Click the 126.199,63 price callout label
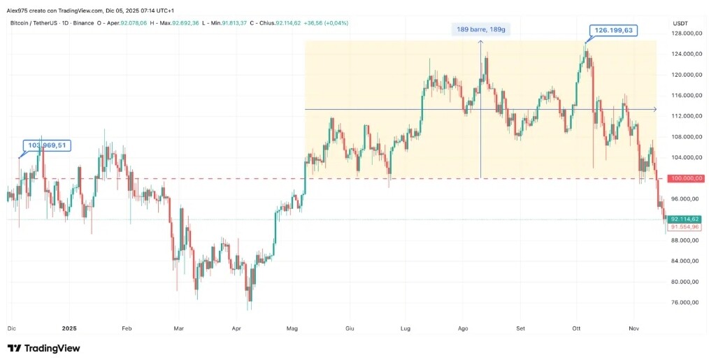[614, 30]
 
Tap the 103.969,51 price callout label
[48, 145]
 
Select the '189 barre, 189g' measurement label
[481, 30]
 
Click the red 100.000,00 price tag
[685, 178]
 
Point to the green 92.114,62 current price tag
[685, 219]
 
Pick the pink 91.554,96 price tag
[685, 227]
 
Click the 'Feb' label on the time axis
[127, 327]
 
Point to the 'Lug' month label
[405, 327]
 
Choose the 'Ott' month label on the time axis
[577, 327]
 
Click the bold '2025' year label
[69, 327]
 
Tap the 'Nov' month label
[634, 327]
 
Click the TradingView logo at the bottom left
[43, 348]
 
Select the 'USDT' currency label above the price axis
[680, 23]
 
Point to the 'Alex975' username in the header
[19, 10]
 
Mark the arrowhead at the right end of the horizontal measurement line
[654, 109]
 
